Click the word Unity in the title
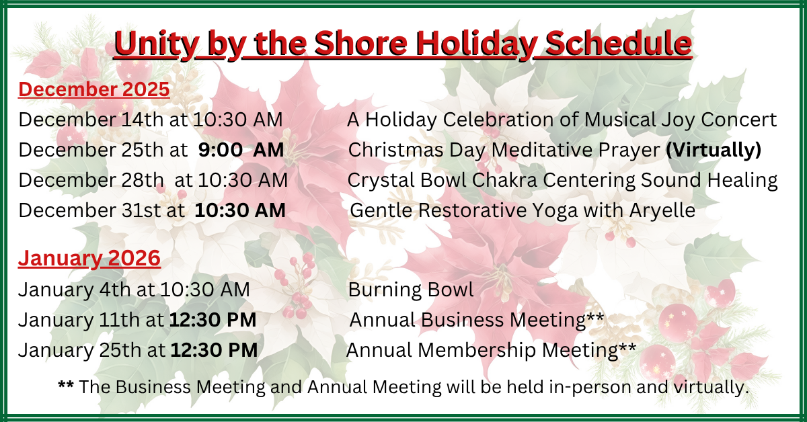156,44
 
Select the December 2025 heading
93,89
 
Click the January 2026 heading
89,259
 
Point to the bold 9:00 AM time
241,150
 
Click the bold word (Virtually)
714,150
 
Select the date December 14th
91,120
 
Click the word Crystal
381,180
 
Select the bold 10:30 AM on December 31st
240,210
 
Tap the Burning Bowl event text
411,290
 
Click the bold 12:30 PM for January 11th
213,320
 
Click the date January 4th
74,290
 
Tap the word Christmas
396,150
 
